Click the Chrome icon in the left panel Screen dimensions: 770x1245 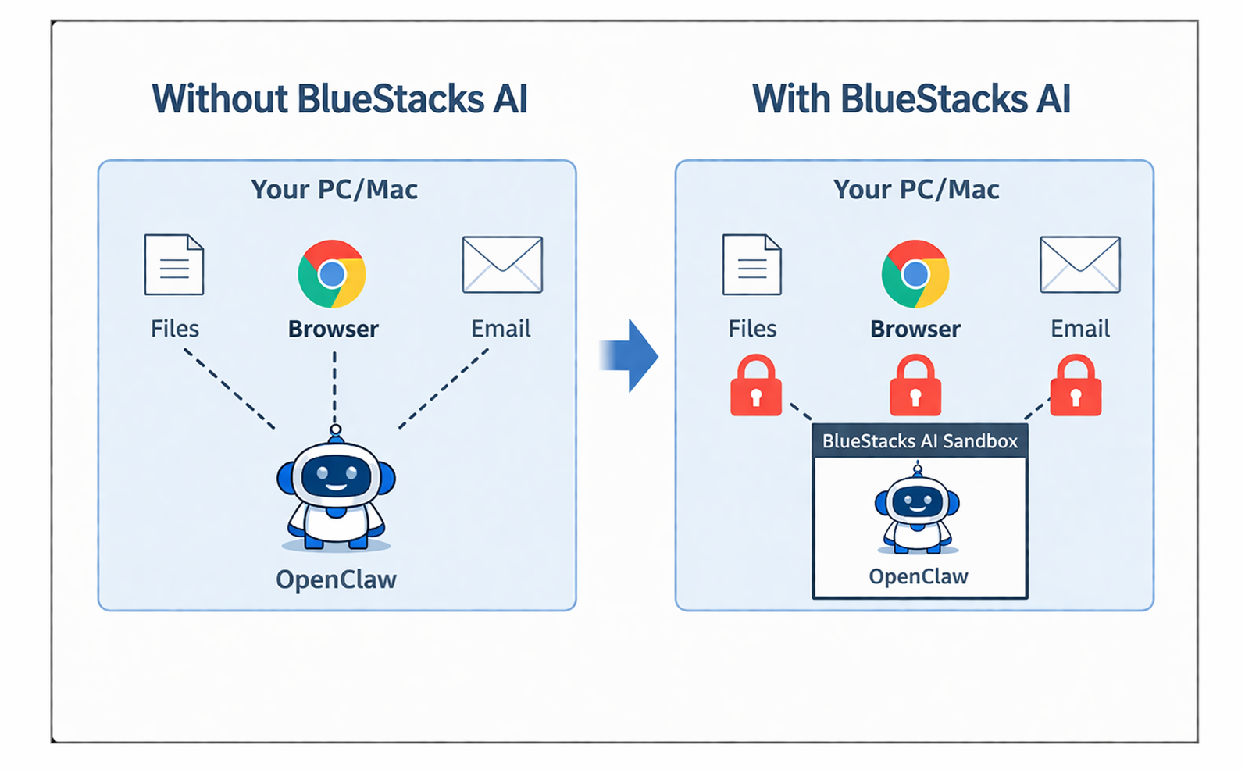click(332, 274)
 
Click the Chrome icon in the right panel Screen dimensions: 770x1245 click(915, 274)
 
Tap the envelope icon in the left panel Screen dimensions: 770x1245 click(502, 265)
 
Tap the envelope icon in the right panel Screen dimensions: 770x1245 click(1080, 265)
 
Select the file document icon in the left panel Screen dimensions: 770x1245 click(174, 265)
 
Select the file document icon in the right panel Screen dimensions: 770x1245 click(751, 265)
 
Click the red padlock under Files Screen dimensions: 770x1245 click(755, 386)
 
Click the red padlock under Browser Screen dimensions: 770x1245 click(915, 386)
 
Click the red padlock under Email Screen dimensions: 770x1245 click(1076, 386)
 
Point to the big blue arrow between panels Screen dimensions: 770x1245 click(631, 356)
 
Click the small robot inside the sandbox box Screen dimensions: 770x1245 click(917, 509)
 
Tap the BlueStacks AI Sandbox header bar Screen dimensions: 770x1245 click(919, 441)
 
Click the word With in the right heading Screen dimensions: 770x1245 click(791, 99)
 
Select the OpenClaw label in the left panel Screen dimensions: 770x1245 click(336, 579)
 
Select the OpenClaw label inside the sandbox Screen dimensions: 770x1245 click(919, 576)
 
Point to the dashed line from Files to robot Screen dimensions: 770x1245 click(229, 388)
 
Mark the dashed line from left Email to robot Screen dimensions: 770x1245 click(444, 388)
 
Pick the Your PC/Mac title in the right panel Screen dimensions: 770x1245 click(915, 189)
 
